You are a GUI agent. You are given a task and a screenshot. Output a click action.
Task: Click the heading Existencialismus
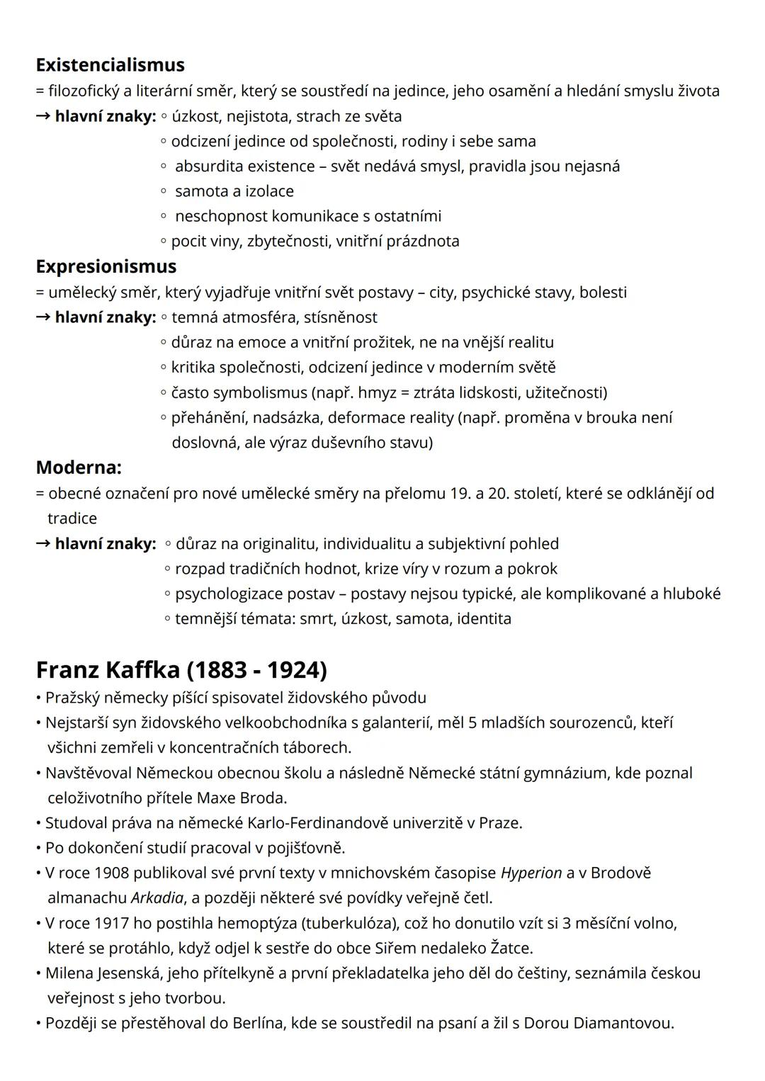click(110, 65)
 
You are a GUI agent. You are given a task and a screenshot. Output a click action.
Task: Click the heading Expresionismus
click(106, 266)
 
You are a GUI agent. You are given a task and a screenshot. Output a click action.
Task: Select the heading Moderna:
click(79, 468)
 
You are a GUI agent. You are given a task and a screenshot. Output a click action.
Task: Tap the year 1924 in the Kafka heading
click(294, 669)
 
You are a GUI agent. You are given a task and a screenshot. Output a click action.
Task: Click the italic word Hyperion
click(531, 873)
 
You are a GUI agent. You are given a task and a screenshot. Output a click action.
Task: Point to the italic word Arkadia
click(157, 898)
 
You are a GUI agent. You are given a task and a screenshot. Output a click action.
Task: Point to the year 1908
click(111, 873)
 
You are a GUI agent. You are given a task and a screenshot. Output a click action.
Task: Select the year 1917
click(111, 923)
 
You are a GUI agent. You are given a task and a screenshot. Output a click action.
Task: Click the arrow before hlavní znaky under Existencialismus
click(43, 116)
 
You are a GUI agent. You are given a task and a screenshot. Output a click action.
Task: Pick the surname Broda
click(263, 798)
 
